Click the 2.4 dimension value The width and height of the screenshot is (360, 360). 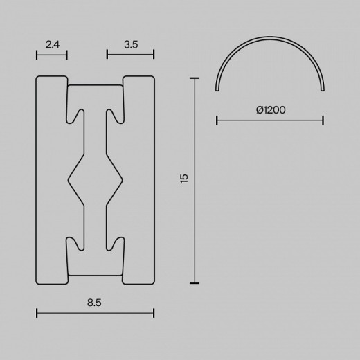[52, 44]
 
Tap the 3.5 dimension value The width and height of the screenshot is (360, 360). [130, 44]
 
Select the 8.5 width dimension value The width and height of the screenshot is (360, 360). [96, 302]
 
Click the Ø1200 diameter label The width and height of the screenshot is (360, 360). [271, 109]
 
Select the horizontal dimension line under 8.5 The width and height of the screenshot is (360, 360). [96, 314]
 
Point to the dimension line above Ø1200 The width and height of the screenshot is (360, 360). [270, 120]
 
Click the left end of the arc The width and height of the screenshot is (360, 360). [218, 89]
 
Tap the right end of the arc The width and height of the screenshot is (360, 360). [322, 89]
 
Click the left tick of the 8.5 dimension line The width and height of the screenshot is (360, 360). [36, 314]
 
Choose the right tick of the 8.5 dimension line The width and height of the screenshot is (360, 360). [154, 314]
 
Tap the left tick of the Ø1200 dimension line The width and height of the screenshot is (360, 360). [217, 120]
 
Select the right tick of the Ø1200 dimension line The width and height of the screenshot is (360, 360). [323, 120]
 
